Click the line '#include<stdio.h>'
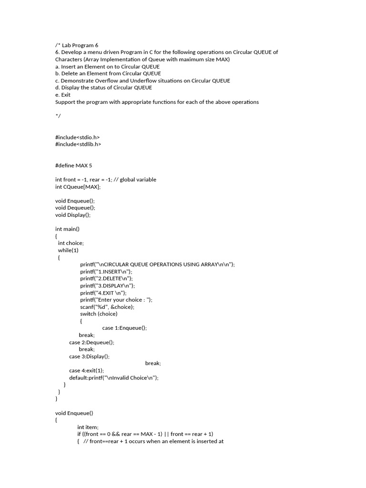coord(77,137)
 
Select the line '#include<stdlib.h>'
coord(78,144)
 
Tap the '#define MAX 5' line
coord(73,165)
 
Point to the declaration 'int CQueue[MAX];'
coord(78,187)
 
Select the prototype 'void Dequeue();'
coord(75,208)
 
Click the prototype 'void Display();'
coord(73,215)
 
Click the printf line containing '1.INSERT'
coord(106,271)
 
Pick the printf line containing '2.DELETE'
coord(107,278)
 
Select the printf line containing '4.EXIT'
coord(103,293)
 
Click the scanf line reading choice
coord(107,306)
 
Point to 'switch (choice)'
coord(99,314)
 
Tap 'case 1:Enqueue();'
coord(124,328)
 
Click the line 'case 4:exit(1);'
coord(86,370)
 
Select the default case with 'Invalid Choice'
coord(113,377)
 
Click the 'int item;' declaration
coord(88,427)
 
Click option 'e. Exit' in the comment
coord(63,95)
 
